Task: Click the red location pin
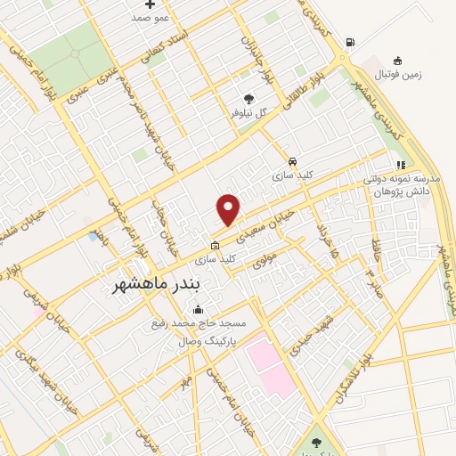[229, 208]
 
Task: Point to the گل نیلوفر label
[249, 113]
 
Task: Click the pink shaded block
[272, 365]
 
